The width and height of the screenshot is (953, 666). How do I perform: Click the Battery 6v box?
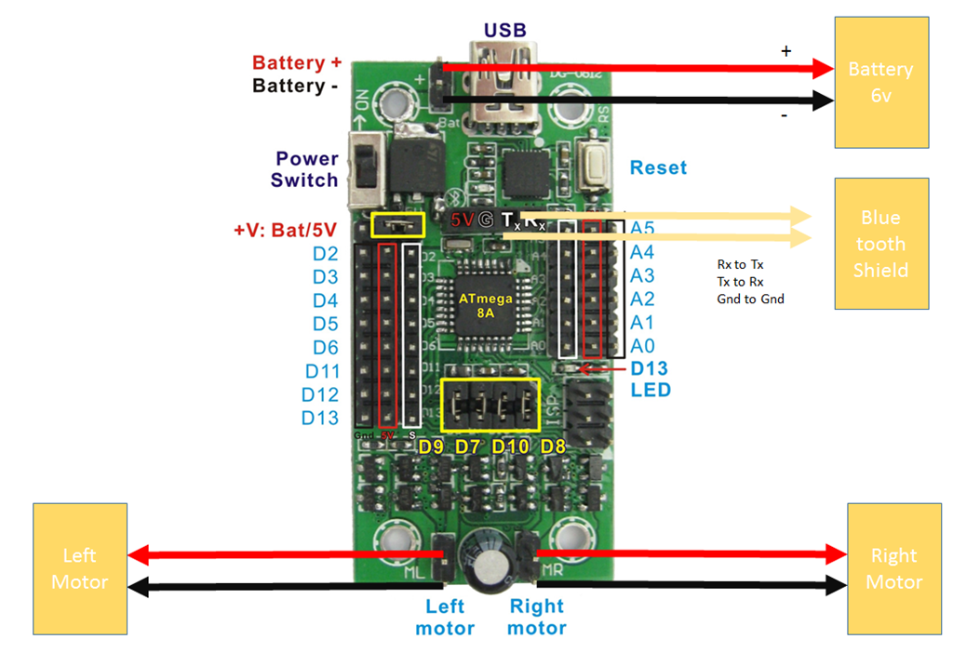(880, 82)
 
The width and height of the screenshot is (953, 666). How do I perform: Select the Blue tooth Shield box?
(880, 244)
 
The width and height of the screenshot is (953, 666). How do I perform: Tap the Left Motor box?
(79, 568)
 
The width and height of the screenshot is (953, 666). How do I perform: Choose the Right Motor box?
(894, 568)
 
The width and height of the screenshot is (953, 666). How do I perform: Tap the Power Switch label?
(306, 168)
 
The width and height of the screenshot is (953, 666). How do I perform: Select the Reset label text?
(658, 168)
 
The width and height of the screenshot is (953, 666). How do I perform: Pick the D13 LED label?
(650, 379)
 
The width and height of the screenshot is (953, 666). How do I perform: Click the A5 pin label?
(642, 229)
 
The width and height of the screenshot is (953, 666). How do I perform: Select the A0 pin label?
(642, 346)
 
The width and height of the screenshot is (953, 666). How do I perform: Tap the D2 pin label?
(325, 253)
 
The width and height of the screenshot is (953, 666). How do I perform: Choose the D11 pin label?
(321, 371)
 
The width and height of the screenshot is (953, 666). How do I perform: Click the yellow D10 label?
(511, 447)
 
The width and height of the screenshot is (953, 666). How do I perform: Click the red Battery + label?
(297, 63)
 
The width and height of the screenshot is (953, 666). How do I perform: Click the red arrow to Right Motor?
(689, 554)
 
